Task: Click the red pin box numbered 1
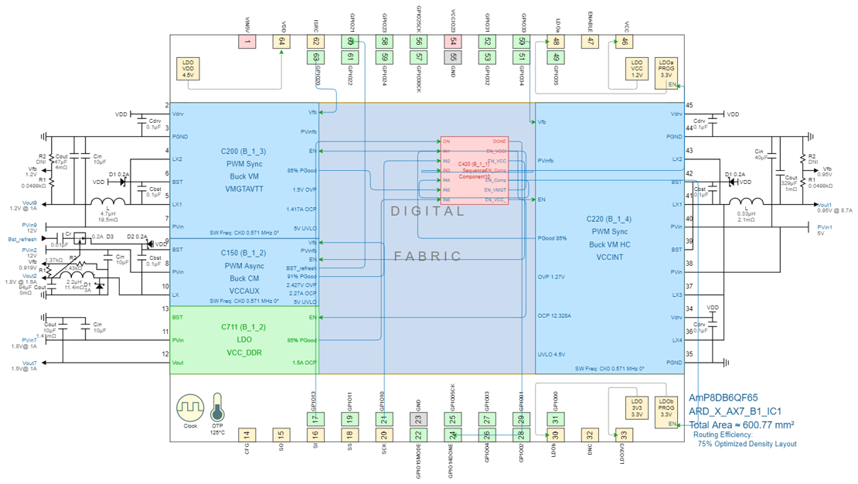pyautogui.click(x=247, y=42)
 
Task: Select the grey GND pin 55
pyautogui.click(x=453, y=56)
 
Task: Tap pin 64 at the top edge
pyautogui.click(x=281, y=42)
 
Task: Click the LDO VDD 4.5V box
pyautogui.click(x=188, y=68)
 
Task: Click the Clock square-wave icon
pyautogui.click(x=190, y=407)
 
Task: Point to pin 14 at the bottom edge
pyautogui.click(x=247, y=435)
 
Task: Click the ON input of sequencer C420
pyautogui.click(x=447, y=141)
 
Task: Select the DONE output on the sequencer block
pyautogui.click(x=499, y=141)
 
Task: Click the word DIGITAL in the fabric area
pyautogui.click(x=427, y=211)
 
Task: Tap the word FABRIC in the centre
pyautogui.click(x=427, y=256)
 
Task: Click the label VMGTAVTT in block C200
pyautogui.click(x=244, y=189)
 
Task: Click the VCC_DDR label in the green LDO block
pyautogui.click(x=244, y=353)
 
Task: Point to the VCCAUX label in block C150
pyautogui.click(x=244, y=291)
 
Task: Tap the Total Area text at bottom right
pyautogui.click(x=742, y=424)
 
